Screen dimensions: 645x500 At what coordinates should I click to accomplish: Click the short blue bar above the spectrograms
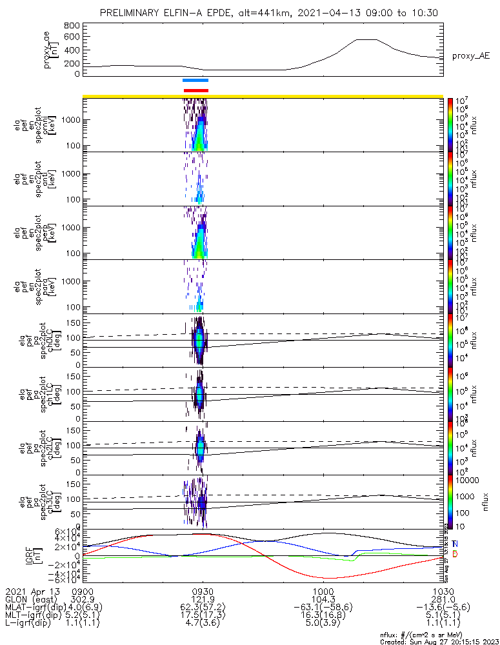click(x=195, y=81)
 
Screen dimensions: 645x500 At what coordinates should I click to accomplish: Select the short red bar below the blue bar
click(x=195, y=90)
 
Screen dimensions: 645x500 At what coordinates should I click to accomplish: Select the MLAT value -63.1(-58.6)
click(x=323, y=607)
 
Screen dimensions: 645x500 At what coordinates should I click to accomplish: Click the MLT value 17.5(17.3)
click(x=203, y=615)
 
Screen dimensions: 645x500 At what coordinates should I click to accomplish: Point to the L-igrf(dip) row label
click(x=32, y=624)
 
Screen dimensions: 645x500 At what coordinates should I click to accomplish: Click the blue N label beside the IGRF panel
click(x=455, y=544)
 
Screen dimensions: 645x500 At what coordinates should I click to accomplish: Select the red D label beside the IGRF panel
click(x=455, y=553)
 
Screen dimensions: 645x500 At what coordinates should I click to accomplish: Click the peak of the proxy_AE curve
click(x=366, y=40)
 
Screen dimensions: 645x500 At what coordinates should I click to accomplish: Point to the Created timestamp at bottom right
click(x=439, y=641)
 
